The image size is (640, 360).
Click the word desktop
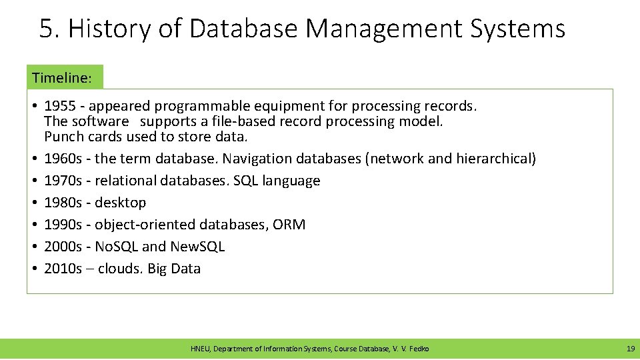pos(121,203)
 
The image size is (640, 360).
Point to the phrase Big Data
pos(174,269)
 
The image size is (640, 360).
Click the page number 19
pos(630,349)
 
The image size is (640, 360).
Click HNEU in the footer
pos(199,349)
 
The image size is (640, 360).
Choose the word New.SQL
pos(197,247)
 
